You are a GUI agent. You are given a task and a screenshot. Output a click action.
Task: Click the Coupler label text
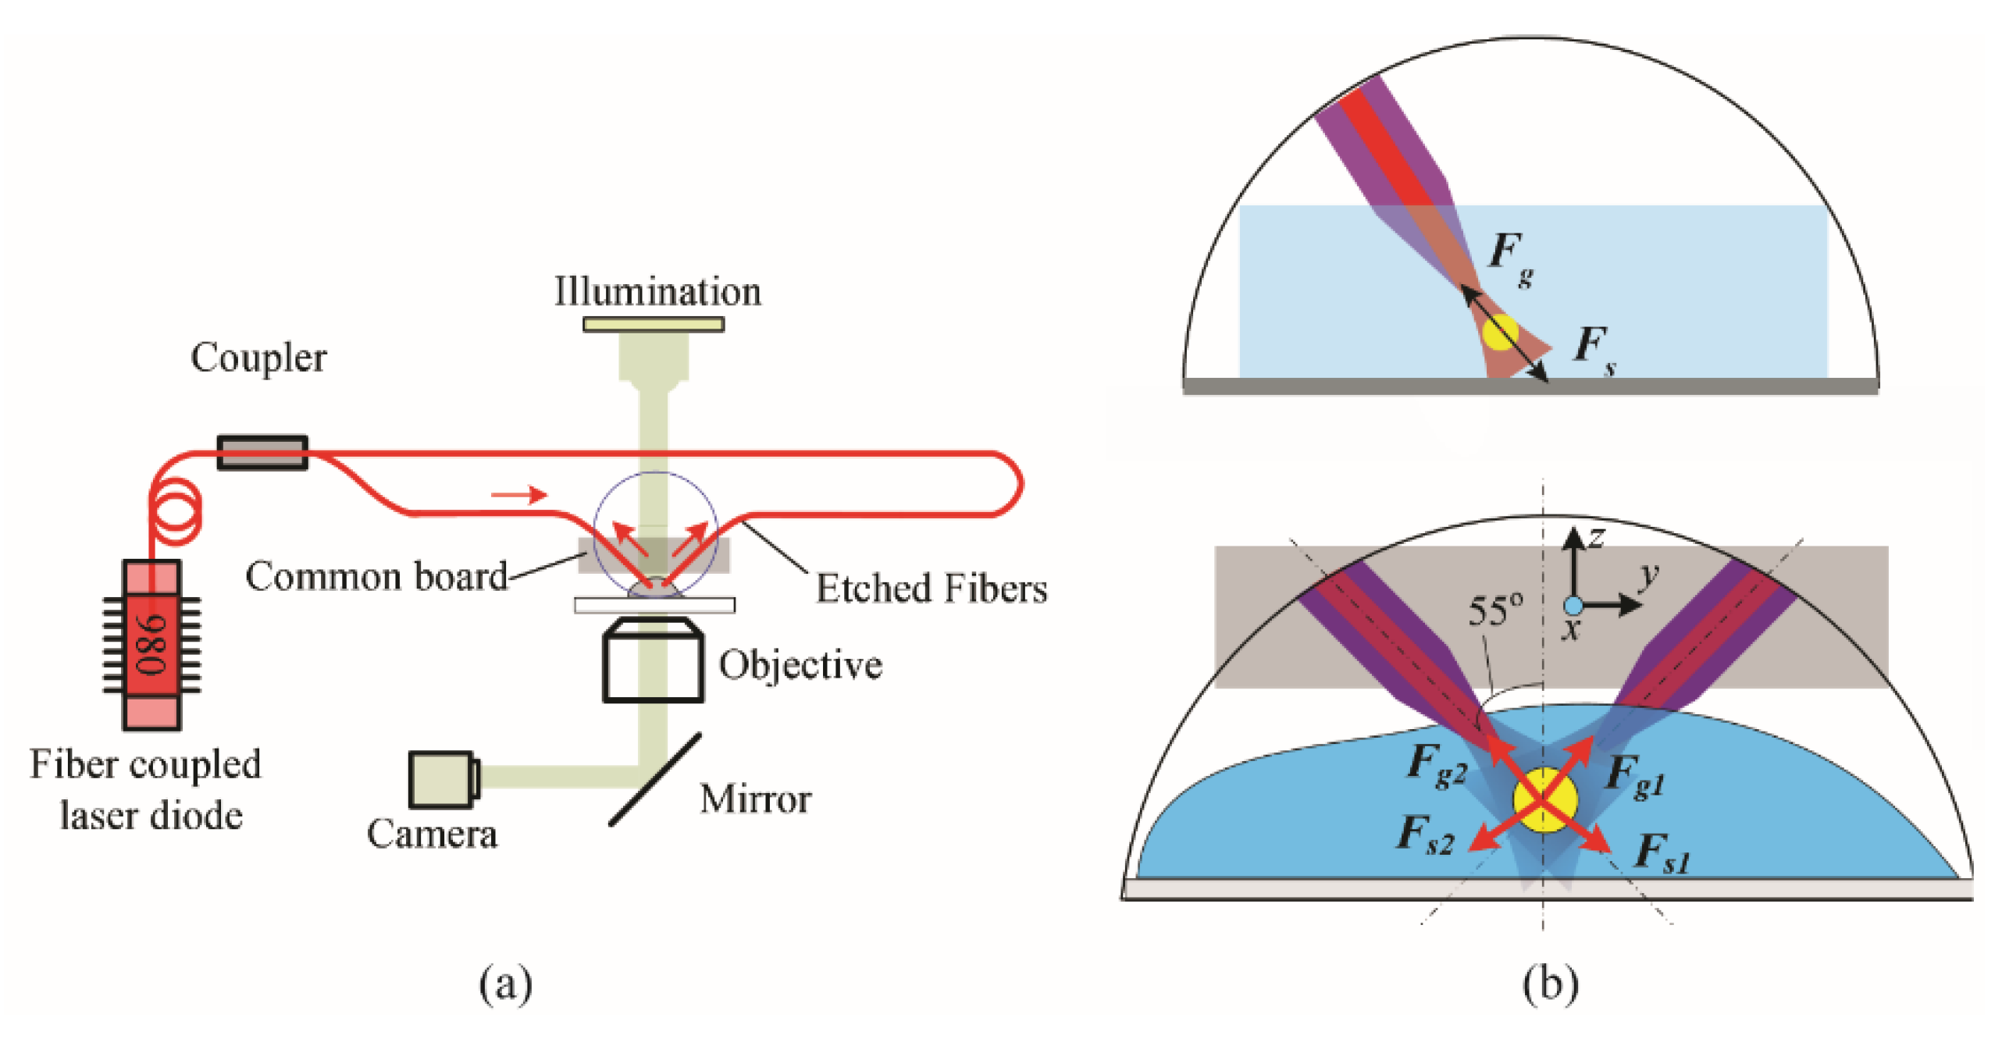coord(258,359)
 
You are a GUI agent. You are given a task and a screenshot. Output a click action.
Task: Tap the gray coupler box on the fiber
coord(262,453)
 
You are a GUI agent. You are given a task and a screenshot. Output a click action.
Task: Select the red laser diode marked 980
coord(152,645)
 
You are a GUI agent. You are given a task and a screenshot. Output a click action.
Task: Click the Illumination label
coord(657,292)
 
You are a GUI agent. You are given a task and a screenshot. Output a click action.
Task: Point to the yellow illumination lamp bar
coord(654,324)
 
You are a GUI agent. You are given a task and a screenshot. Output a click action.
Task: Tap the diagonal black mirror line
coord(654,779)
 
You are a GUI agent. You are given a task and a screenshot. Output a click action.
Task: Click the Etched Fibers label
coord(931,589)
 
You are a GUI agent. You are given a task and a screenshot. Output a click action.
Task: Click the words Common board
coord(376,577)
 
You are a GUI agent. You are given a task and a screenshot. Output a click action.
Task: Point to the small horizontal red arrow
coord(518,494)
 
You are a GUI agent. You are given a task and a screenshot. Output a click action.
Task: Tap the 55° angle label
coord(1494,610)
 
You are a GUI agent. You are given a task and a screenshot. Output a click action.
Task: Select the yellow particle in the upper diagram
coord(1500,332)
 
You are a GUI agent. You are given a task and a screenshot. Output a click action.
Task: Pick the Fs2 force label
coord(1426,835)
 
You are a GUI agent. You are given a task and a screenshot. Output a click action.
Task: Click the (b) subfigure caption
coord(1551,984)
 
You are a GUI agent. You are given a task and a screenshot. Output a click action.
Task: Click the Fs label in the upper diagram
coord(1594,348)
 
